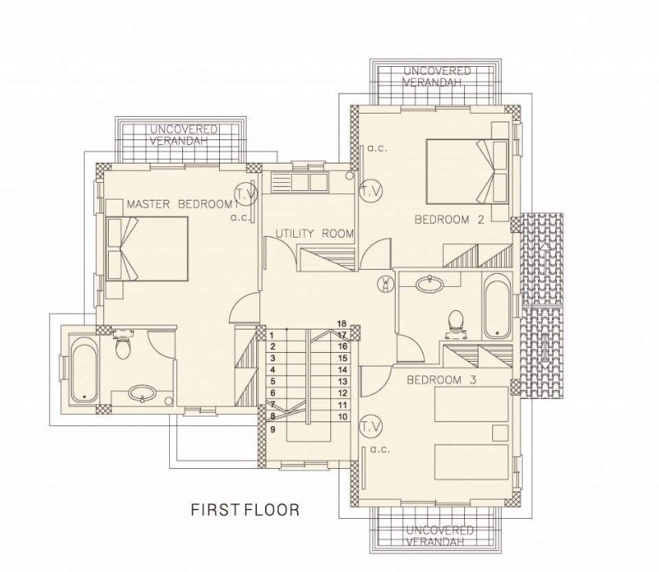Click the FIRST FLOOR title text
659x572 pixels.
(245, 510)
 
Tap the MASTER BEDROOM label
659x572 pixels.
(179, 205)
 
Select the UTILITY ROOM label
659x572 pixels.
(314, 234)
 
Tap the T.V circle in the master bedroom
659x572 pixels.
(245, 194)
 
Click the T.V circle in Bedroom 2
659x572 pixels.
(371, 191)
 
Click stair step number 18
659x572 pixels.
(342, 323)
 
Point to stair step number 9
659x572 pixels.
(273, 429)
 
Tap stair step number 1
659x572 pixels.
(273, 334)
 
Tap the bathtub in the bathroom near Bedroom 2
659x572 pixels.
(496, 306)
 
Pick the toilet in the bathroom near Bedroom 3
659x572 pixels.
(456, 321)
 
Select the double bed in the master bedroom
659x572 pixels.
(147, 248)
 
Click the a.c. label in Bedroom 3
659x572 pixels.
(381, 450)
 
